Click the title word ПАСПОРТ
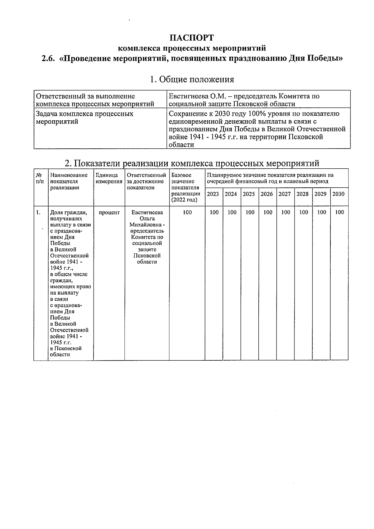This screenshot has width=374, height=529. (x=192, y=38)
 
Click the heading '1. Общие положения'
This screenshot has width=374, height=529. (x=192, y=79)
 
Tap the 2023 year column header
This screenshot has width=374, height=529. (x=213, y=194)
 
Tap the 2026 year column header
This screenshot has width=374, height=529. (x=267, y=194)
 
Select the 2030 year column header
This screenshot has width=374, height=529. (x=338, y=194)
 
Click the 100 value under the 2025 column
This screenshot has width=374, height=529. (x=250, y=212)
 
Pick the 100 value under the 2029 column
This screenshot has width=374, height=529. (x=321, y=212)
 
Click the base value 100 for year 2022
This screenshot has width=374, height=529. (x=187, y=212)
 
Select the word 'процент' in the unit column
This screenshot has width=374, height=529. (x=109, y=213)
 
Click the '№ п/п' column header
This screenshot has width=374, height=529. (x=40, y=178)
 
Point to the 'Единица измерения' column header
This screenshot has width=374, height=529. (x=109, y=178)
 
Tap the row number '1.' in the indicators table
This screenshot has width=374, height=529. (x=38, y=213)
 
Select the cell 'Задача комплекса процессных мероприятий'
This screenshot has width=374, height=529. (x=85, y=118)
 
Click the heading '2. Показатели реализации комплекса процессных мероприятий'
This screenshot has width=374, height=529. (x=192, y=163)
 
